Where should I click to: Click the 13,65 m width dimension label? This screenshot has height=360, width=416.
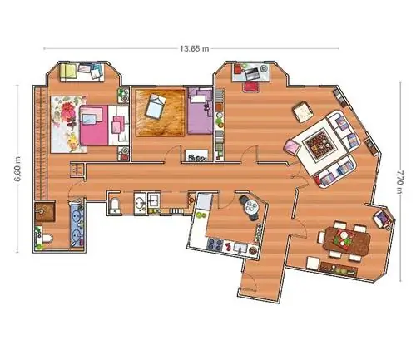point(195,49)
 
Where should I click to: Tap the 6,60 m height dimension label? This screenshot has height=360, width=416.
point(17,169)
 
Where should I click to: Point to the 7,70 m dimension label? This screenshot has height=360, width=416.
point(400,182)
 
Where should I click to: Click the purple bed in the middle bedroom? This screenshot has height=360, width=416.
point(200,111)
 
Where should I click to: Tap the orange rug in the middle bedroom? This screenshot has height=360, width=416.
point(161,113)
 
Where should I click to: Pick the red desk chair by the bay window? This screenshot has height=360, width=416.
point(251,86)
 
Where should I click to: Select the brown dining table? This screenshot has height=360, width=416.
point(348,241)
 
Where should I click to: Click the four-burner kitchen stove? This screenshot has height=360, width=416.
point(215,244)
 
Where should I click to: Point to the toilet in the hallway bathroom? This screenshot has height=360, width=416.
point(114,205)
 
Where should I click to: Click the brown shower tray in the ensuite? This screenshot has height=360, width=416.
point(45,212)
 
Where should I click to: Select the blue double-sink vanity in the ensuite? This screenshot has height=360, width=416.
point(77,224)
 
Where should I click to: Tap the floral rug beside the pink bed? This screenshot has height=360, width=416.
point(68,124)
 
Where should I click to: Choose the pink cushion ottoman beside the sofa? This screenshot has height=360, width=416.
point(292,146)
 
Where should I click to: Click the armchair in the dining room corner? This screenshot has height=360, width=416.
point(382,218)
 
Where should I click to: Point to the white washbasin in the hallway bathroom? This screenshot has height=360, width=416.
point(141,203)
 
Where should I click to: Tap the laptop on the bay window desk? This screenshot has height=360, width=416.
point(252,73)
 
